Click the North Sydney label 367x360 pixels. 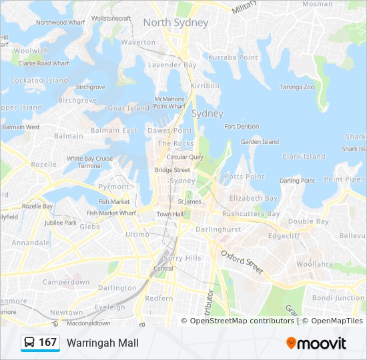point(175,23)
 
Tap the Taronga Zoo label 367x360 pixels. point(296,87)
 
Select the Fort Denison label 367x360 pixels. point(242,127)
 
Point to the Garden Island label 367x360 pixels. point(260,142)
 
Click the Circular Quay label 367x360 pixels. point(185,157)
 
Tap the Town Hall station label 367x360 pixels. point(169,214)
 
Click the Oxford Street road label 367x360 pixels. point(242,262)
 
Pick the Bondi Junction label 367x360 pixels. point(339,297)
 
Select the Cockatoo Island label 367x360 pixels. point(39,81)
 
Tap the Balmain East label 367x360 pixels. point(113,131)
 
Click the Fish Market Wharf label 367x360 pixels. point(111,213)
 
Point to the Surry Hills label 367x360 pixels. point(182,258)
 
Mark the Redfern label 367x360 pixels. point(159,298)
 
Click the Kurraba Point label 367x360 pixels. point(233,58)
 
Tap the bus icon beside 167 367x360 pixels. point(30,343)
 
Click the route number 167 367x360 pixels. point(48,343)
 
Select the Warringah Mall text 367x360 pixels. point(102,343)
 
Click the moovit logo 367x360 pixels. point(316,343)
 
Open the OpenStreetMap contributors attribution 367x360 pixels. point(242,321)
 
